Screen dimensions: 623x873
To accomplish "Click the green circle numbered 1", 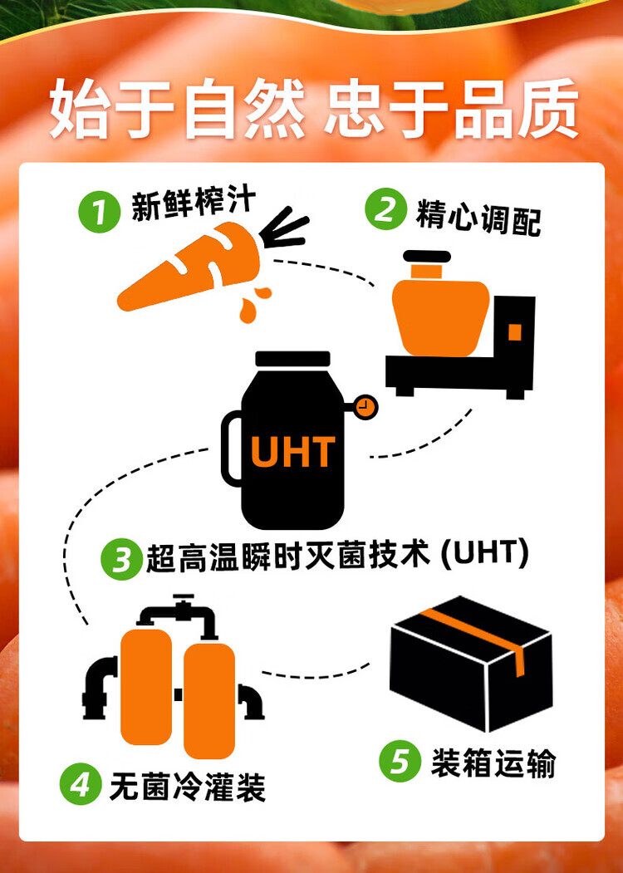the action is (x=100, y=212).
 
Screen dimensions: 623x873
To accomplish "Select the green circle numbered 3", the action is (x=121, y=558).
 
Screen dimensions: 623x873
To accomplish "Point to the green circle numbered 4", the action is (x=81, y=784).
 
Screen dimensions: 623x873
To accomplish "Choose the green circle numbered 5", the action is (x=400, y=763).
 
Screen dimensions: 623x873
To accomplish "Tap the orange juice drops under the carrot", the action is (x=253, y=303).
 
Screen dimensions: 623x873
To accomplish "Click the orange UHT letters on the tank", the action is (x=293, y=451).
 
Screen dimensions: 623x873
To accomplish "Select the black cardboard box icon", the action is (x=471, y=664).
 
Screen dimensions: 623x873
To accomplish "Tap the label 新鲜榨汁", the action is (x=194, y=204).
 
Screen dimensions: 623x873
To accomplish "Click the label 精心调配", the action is (x=478, y=218).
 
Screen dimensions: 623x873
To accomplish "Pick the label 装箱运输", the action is (x=493, y=763).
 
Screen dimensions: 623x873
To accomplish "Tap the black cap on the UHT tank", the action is (x=292, y=359).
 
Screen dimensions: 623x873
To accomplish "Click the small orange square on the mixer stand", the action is (x=514, y=331).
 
